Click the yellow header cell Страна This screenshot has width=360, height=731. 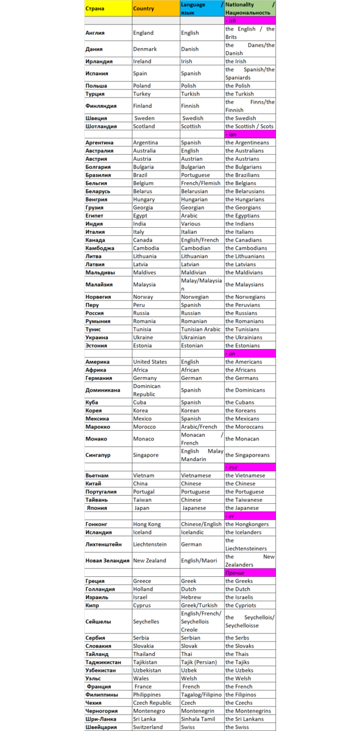[108, 9]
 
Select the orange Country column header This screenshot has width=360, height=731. [155, 9]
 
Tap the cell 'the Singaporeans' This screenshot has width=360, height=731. [250, 455]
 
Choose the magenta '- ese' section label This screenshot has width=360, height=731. [250, 467]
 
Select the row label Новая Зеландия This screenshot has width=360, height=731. [107, 560]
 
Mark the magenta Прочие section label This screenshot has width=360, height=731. [250, 573]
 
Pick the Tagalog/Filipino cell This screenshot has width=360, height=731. [201, 694]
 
